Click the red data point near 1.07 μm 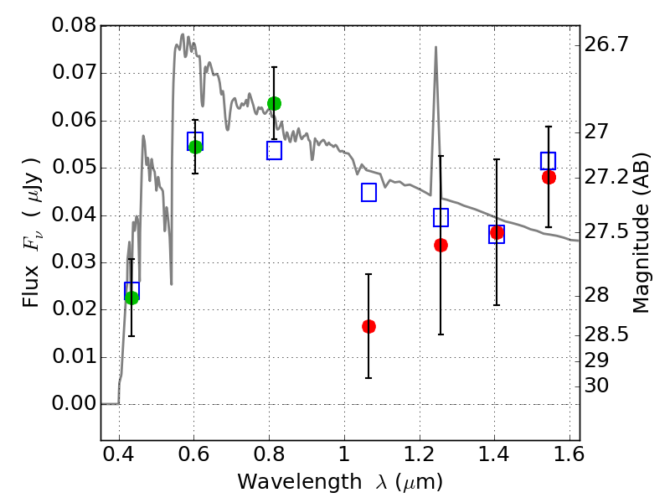(368, 326)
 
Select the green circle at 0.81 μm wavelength (274, 103)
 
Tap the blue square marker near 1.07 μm (368, 193)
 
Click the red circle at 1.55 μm (549, 177)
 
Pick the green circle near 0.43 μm (131, 297)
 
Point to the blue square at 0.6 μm (195, 141)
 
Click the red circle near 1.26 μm (441, 245)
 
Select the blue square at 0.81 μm (274, 151)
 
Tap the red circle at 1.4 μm (497, 232)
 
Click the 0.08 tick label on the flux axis (74, 25)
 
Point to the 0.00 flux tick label (74, 404)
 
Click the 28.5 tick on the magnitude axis (608, 334)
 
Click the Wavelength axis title (339, 483)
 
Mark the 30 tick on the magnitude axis (599, 386)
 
